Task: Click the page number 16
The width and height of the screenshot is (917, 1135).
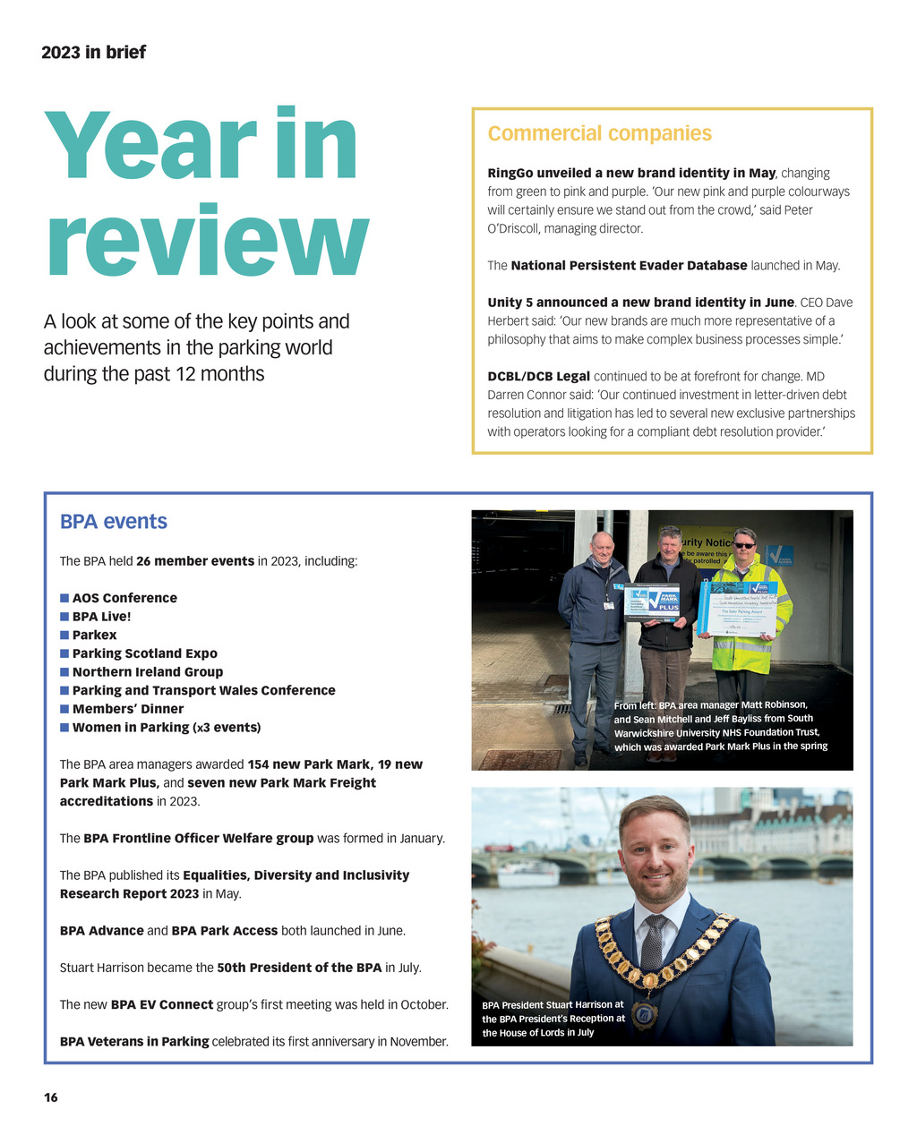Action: (51, 1097)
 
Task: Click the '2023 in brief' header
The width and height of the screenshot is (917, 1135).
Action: (93, 52)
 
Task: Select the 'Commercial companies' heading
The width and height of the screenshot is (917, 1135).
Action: (599, 133)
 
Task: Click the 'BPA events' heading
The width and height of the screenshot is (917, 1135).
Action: (113, 522)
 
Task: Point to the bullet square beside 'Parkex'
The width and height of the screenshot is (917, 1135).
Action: (64, 635)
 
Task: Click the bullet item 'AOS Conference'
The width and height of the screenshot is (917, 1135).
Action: (124, 598)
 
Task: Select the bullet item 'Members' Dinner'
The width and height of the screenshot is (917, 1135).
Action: (127, 709)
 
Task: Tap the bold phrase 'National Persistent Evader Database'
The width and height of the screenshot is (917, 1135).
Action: (629, 266)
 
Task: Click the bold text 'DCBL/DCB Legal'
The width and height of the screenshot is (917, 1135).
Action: (538, 376)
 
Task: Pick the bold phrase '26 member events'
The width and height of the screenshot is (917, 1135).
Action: (195, 561)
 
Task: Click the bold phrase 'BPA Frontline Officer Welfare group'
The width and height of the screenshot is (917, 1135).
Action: (198, 839)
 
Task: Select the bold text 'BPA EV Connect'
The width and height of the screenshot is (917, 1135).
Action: (161, 1004)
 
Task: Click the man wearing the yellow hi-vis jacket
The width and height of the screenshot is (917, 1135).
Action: (745, 609)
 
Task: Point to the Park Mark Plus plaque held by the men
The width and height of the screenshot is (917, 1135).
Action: (652, 602)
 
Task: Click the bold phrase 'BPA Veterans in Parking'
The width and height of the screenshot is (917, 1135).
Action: (134, 1041)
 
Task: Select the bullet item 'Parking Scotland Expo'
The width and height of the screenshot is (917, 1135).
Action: (144, 653)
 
